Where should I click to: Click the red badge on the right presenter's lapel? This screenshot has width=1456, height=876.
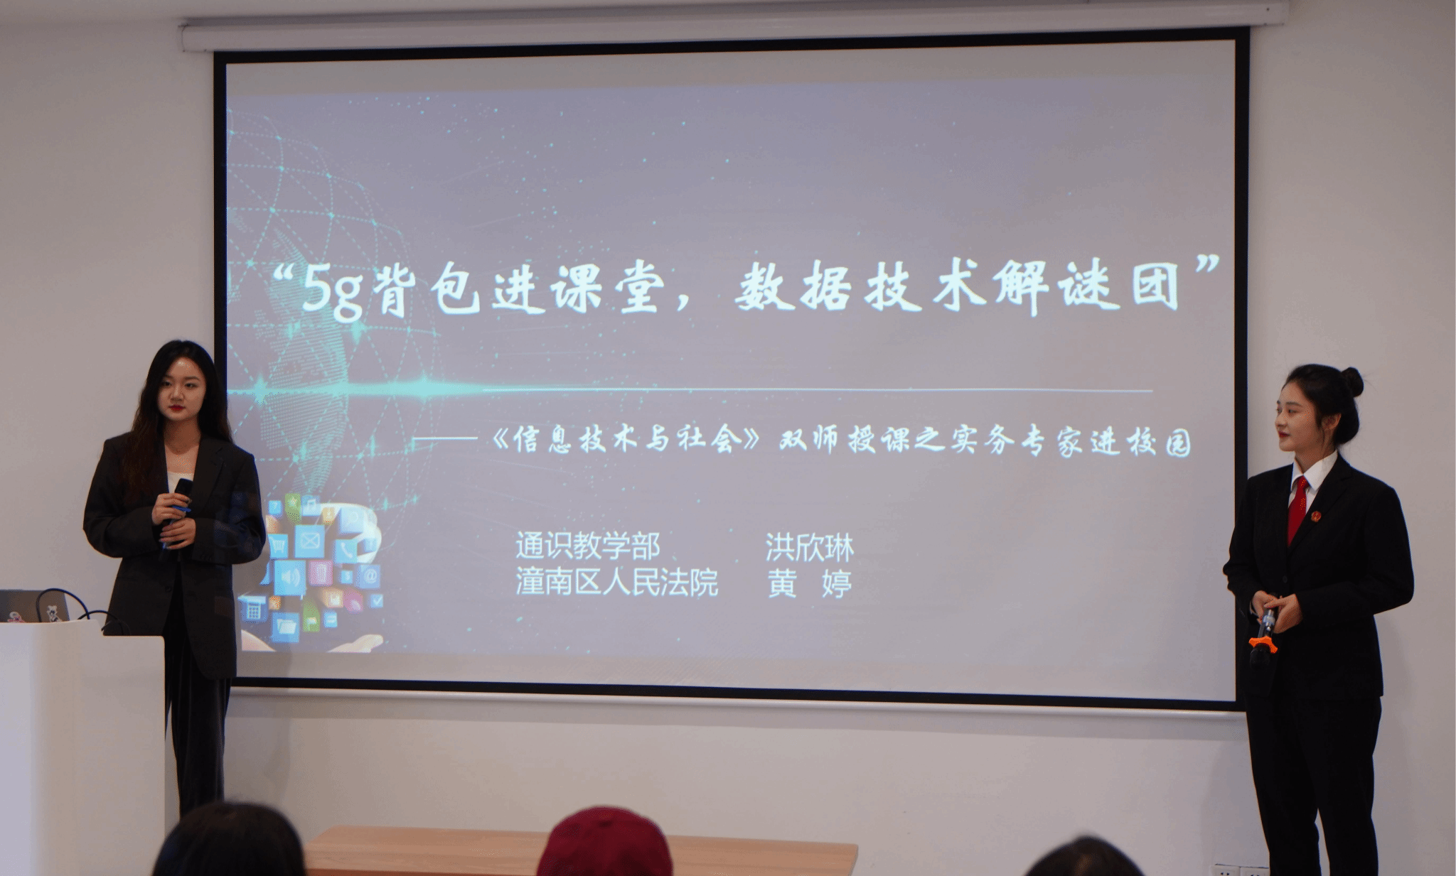1316,516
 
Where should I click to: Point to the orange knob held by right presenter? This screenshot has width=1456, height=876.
1263,644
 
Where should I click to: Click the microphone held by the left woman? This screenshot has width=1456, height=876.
177,508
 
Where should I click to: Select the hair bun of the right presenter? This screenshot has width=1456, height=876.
1351,382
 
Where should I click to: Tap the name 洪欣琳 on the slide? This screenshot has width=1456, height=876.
809,547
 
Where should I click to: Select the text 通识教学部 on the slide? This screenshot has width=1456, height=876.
588,546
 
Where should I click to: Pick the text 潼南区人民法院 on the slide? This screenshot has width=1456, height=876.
616,582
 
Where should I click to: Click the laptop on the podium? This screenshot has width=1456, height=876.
34,606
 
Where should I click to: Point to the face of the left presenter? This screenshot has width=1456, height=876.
181,390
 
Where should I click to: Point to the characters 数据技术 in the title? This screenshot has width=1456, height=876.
860,287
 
